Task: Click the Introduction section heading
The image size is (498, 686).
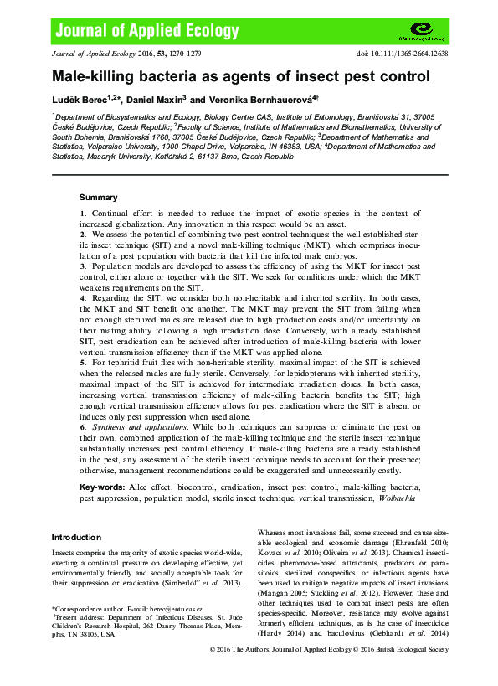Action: click(76, 537)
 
